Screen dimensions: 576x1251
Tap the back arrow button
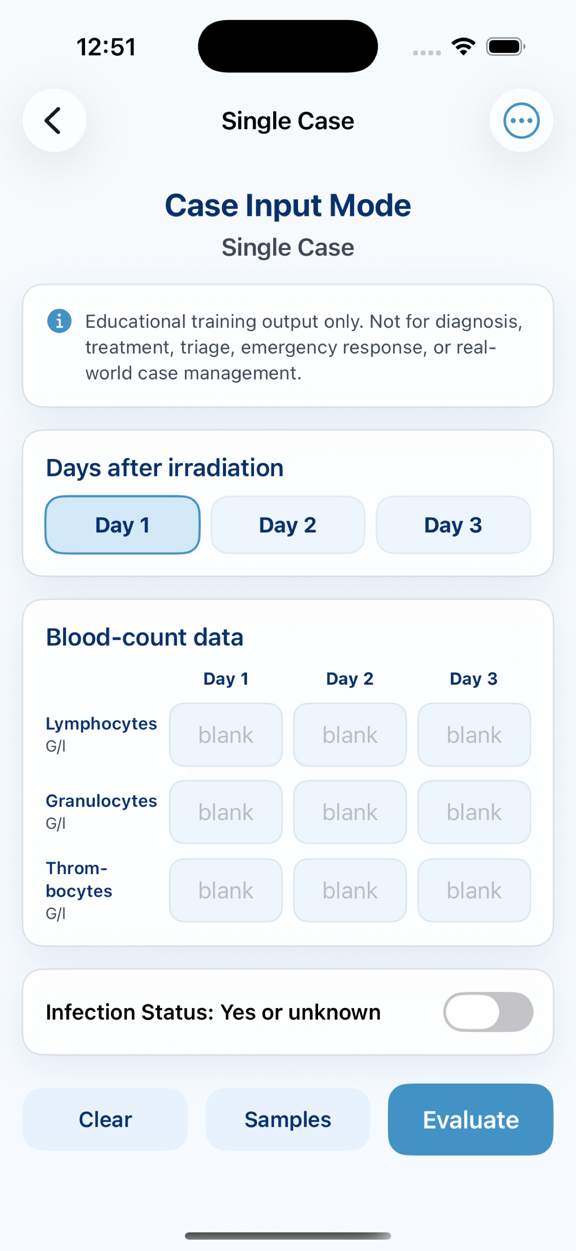pyautogui.click(x=55, y=120)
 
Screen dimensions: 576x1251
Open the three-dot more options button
pyautogui.click(x=521, y=120)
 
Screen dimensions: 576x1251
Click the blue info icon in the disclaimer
pyautogui.click(x=59, y=321)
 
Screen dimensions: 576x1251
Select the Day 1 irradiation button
pyautogui.click(x=122, y=525)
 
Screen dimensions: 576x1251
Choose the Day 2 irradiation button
pyautogui.click(x=288, y=525)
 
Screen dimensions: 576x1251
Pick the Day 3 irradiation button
pyautogui.click(x=453, y=525)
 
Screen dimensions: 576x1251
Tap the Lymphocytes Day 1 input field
pyautogui.click(x=226, y=735)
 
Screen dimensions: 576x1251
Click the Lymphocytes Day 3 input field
pyautogui.click(x=474, y=735)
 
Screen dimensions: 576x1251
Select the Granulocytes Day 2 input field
pyautogui.click(x=350, y=812)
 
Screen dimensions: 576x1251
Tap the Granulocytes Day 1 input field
pyautogui.click(x=226, y=812)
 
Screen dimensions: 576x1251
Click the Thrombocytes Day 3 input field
pyautogui.click(x=474, y=890)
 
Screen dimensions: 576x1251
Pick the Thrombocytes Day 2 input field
pyautogui.click(x=350, y=890)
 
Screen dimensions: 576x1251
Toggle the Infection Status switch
pyautogui.click(x=488, y=1012)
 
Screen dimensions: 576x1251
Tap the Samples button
pyautogui.click(x=288, y=1119)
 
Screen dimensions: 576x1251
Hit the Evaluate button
pyautogui.click(x=470, y=1119)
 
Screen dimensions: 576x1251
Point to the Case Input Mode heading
pyautogui.click(x=288, y=205)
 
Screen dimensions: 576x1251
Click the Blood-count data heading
pyautogui.click(x=145, y=637)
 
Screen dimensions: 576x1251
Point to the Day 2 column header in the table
pyautogui.click(x=350, y=678)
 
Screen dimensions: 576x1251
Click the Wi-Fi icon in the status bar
pyautogui.click(x=463, y=47)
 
